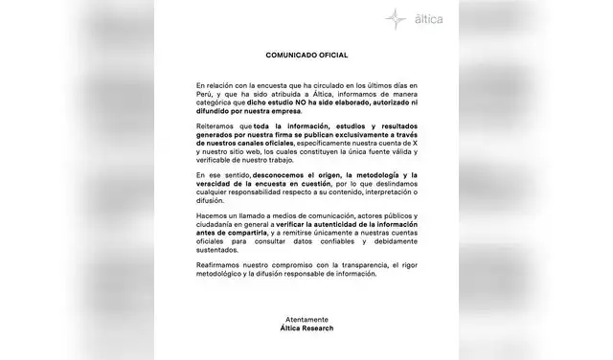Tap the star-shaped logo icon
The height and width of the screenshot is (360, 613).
pyautogui.click(x=395, y=18)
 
